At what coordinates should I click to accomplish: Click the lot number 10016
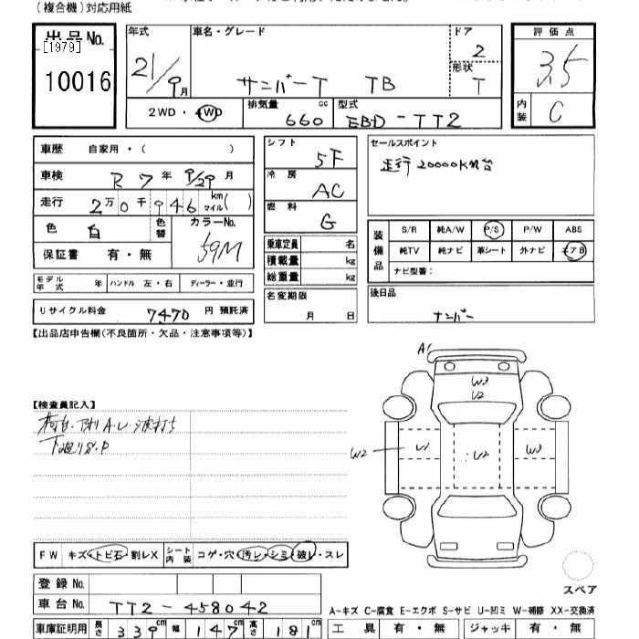coord(78,82)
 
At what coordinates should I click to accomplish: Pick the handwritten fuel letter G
coord(326,222)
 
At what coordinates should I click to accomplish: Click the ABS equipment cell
coord(573,230)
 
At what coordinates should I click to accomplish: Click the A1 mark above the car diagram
coord(424,349)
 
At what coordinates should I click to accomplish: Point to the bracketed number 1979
coord(61,47)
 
